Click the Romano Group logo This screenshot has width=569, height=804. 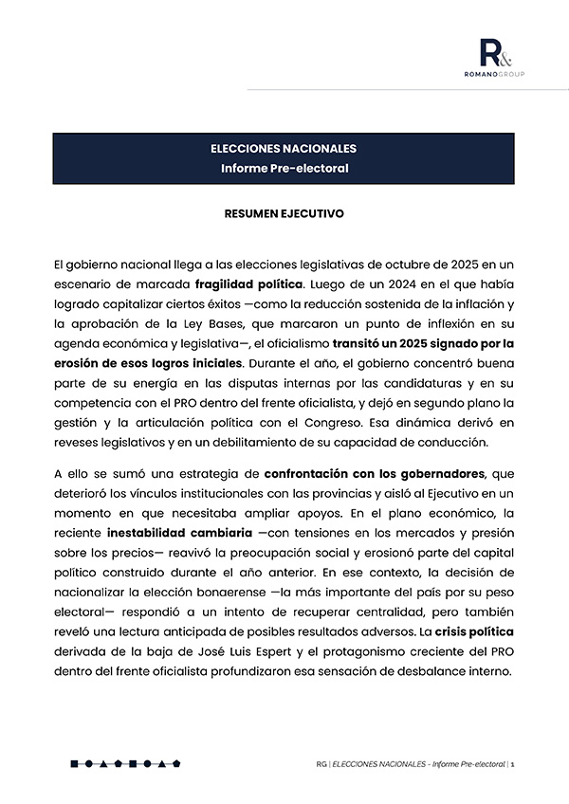coord(502,58)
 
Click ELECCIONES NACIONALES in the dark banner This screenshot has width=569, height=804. coord(284,149)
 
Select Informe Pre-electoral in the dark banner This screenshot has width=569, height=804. coord(284,169)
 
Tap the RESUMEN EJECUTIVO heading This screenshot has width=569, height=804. coord(284,214)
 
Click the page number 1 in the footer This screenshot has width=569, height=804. coord(512,763)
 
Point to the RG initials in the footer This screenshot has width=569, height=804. coord(322,763)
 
